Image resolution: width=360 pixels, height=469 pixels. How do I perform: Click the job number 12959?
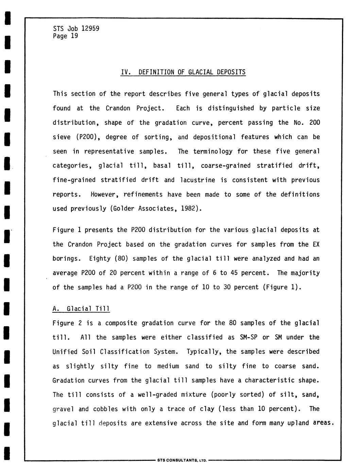pyautogui.click(x=90, y=29)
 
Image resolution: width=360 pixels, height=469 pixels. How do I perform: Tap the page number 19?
pyautogui.click(x=74, y=36)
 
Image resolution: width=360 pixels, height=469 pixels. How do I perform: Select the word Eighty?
pyautogui.click(x=100, y=259)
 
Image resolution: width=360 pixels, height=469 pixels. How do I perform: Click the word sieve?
pyautogui.click(x=62, y=137)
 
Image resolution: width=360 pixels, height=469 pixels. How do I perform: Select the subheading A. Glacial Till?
pyautogui.click(x=81, y=309)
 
